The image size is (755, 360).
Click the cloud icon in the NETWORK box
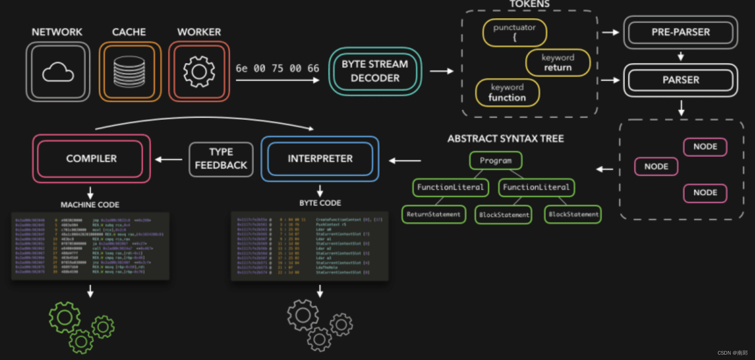coord(58,72)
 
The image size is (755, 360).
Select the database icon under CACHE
coord(129,72)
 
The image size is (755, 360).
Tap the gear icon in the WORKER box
coord(199,71)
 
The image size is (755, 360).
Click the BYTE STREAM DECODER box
coord(375,71)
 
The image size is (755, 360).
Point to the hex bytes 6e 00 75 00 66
coord(277,68)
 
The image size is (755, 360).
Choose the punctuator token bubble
coord(515,32)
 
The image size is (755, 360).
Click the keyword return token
coord(558,63)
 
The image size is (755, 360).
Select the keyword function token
coord(507,93)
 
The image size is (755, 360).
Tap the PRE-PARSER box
coord(680,32)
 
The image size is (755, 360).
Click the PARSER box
coord(680,80)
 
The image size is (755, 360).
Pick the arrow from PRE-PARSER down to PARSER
coord(680,56)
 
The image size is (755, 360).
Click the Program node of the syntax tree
coord(496,161)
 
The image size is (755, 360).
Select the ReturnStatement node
coord(433,214)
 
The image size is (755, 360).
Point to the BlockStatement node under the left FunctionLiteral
coord(504,215)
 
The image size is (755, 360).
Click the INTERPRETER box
coord(320,159)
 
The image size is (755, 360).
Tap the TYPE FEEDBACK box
coord(221,159)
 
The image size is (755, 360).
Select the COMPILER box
coord(91,159)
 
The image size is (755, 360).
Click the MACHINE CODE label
coord(90,205)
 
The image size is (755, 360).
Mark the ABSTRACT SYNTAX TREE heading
coord(505,139)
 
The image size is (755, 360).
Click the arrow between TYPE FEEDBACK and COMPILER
coord(169,159)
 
